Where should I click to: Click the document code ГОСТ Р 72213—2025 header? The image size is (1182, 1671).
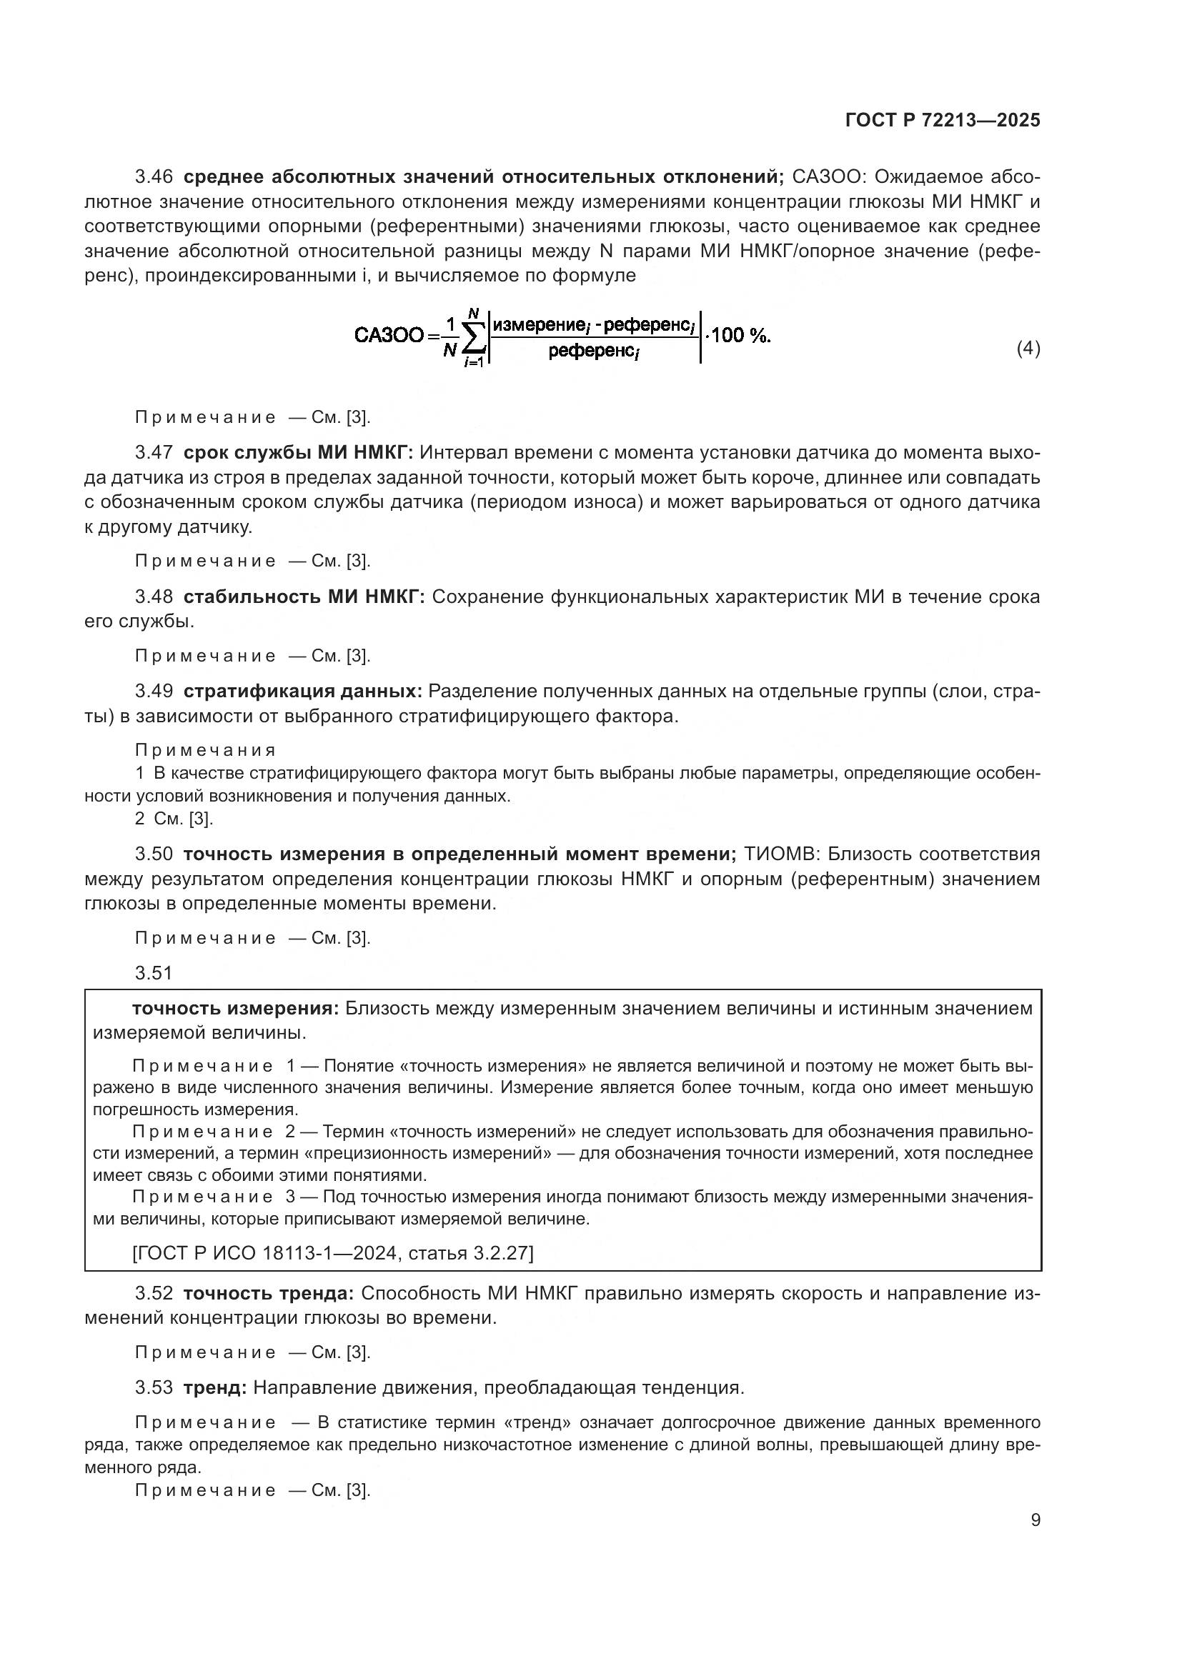pos(943,121)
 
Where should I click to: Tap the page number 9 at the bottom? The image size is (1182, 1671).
pos(1035,1520)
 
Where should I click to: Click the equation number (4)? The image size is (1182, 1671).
pos(1028,349)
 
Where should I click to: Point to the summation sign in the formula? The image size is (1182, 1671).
pos(474,338)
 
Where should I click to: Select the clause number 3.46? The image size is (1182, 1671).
pos(154,177)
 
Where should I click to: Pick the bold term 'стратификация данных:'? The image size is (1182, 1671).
pos(303,692)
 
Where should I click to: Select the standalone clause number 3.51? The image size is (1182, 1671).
pos(154,973)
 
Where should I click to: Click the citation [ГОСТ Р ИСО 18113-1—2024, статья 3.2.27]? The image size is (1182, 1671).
pos(332,1253)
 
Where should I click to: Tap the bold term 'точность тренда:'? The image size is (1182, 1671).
pos(269,1293)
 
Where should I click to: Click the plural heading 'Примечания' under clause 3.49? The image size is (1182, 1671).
pos(205,750)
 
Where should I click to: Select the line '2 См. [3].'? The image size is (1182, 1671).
pos(174,819)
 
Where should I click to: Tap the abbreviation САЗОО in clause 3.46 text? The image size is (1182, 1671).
pos(828,177)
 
